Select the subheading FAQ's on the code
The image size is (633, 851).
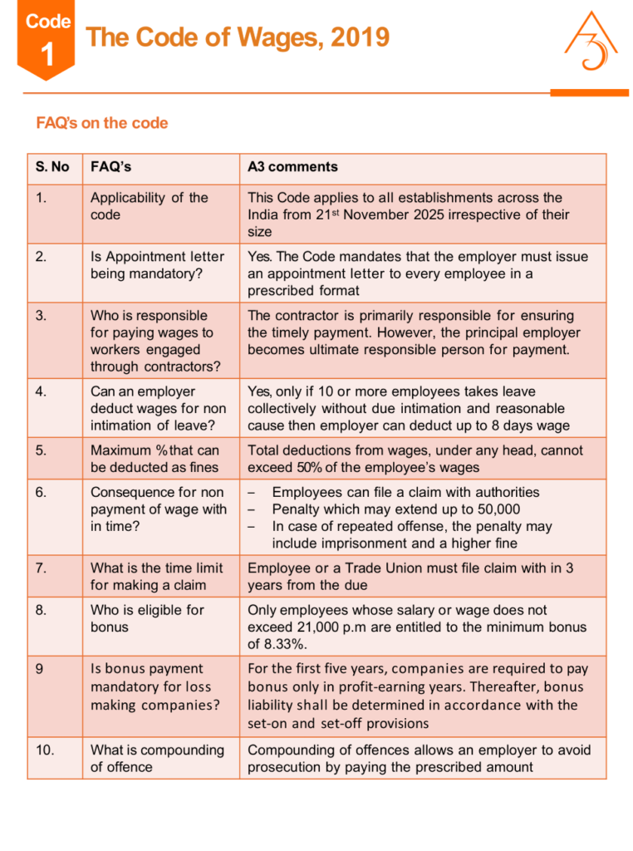tap(101, 123)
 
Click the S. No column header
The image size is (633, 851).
tap(52, 167)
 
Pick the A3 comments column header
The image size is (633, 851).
tap(292, 167)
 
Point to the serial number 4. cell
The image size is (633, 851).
tap(42, 391)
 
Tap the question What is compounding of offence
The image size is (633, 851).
tap(157, 758)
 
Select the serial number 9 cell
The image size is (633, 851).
tap(41, 669)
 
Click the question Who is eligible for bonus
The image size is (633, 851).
tap(147, 618)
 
